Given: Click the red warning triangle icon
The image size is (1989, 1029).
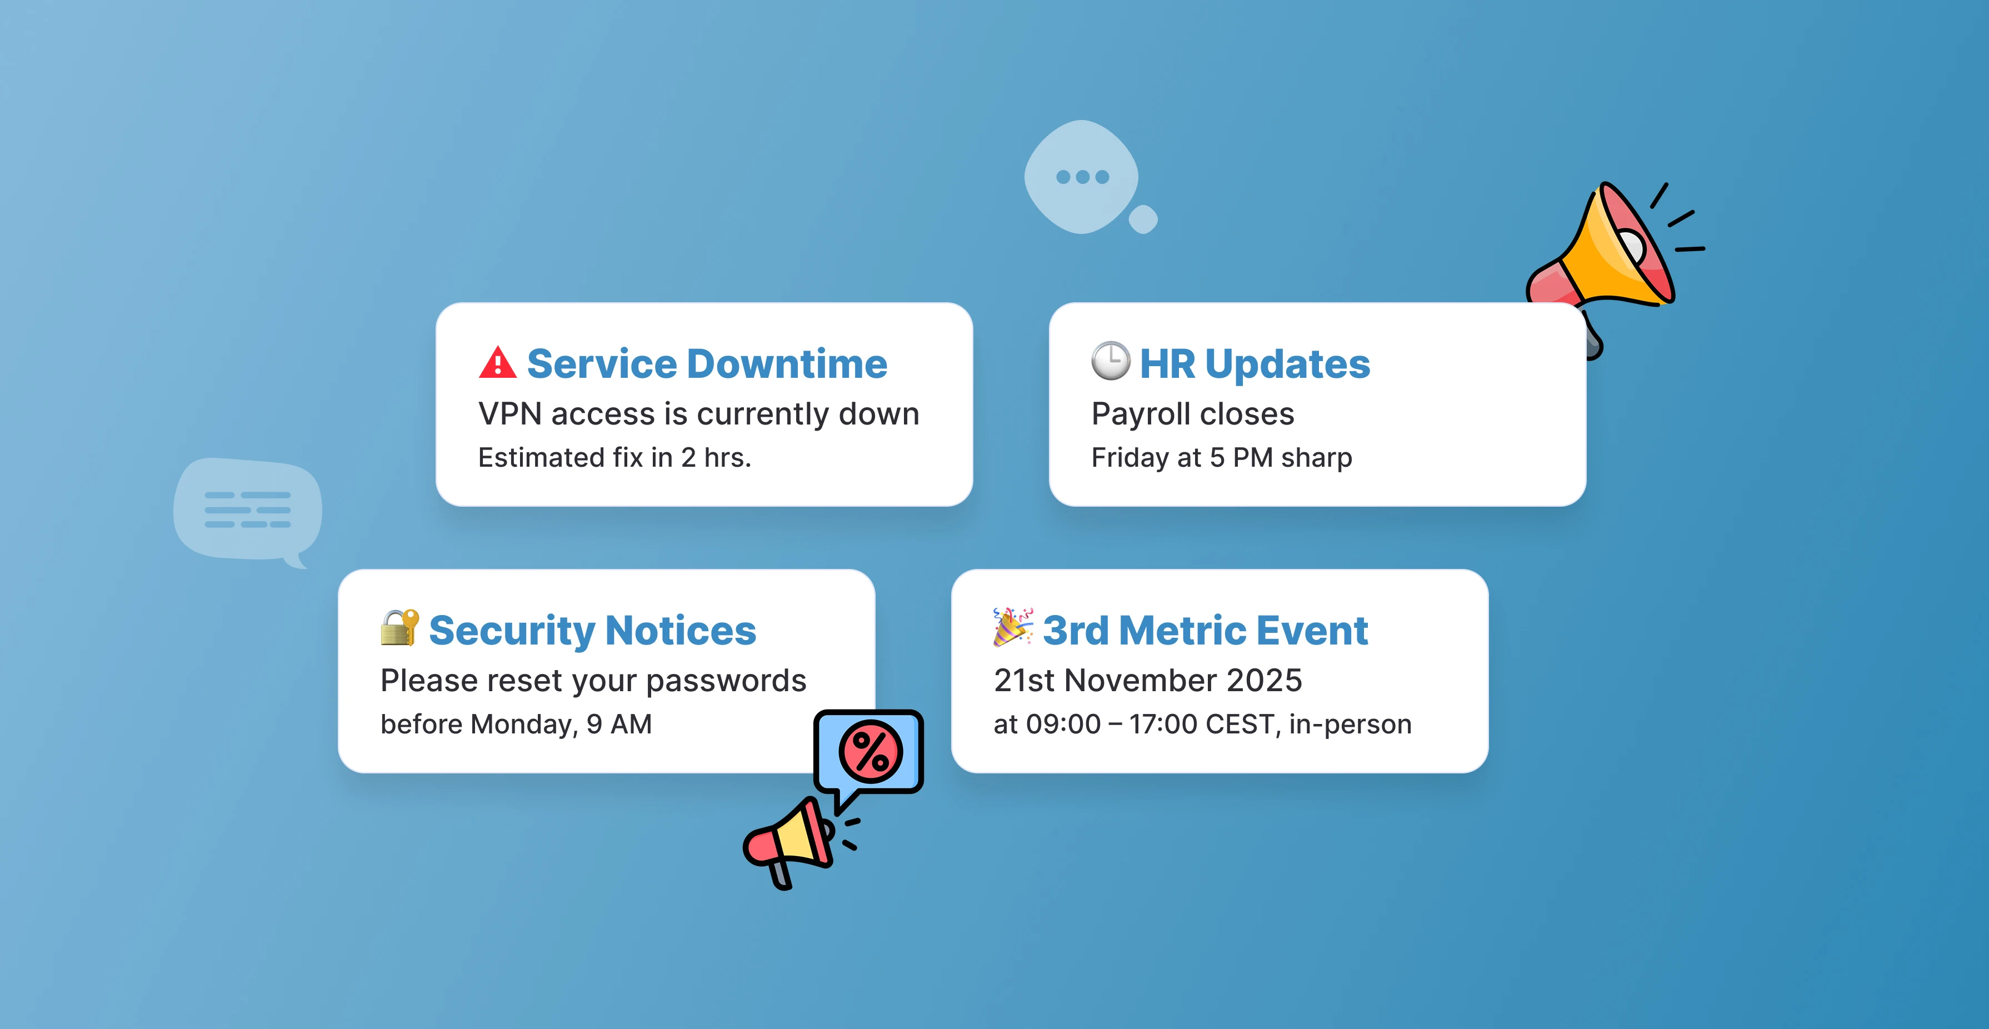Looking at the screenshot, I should (x=497, y=363).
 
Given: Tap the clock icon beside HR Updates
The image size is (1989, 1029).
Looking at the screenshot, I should (x=1110, y=361).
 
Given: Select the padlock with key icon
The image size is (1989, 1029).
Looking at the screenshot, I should (x=399, y=628).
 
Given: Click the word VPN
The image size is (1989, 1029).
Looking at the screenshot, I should (x=509, y=414).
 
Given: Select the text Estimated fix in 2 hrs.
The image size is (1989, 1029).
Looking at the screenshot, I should (x=614, y=458).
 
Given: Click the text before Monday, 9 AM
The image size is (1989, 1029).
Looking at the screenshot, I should (x=516, y=724).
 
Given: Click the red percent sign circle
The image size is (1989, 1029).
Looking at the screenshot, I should (x=870, y=751).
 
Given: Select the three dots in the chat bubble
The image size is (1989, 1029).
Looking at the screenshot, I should (x=1082, y=177).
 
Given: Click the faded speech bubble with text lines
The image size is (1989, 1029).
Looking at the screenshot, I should (x=247, y=509).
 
